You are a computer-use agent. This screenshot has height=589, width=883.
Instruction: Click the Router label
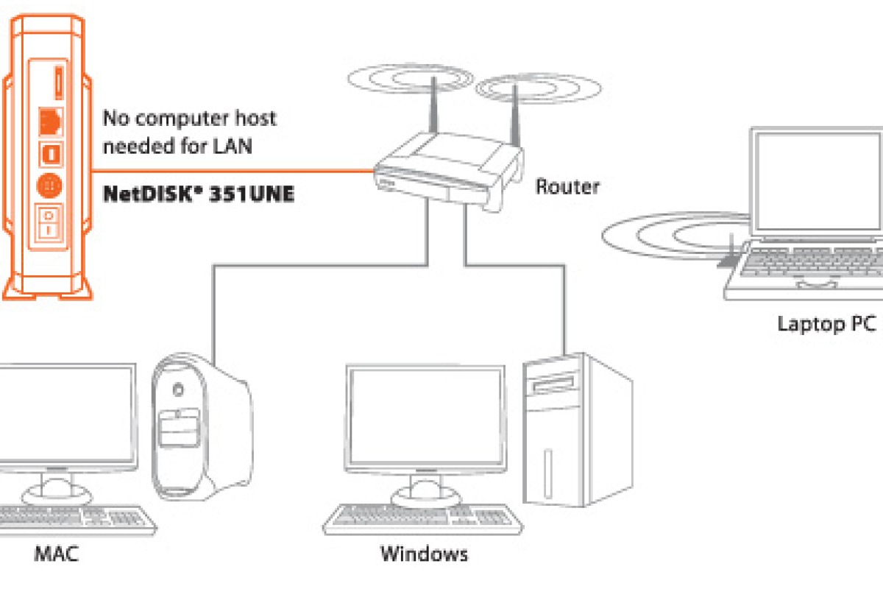[567, 186]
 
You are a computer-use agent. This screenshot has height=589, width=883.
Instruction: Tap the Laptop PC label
[826, 324]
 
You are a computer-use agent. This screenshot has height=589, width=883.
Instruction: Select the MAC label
[56, 553]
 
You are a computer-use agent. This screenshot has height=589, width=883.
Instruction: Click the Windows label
[424, 553]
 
